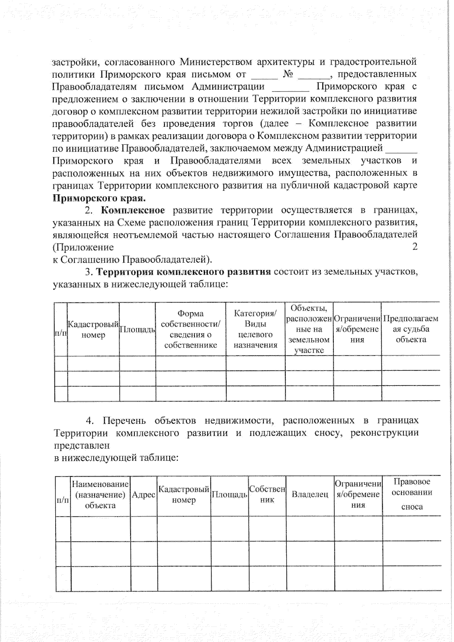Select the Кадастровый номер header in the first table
pyautogui.click(x=93, y=329)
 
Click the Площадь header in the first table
pyautogui.click(x=137, y=329)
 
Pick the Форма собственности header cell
pyautogui.click(x=190, y=329)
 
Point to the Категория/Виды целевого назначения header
pyautogui.click(x=255, y=329)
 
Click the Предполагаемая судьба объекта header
pyautogui.click(x=410, y=329)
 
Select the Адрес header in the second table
pyautogui.click(x=143, y=495)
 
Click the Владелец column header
pyautogui.click(x=310, y=495)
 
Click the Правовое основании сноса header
pyautogui.click(x=412, y=495)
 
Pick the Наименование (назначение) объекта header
pyautogui.click(x=100, y=495)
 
